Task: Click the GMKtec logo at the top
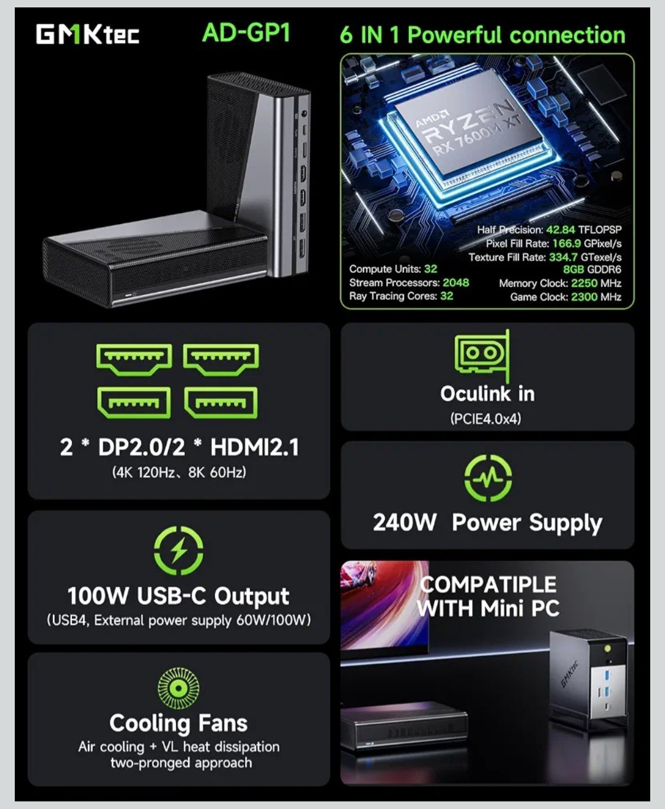point(87,34)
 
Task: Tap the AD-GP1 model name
point(246,33)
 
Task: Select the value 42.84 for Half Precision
point(560,230)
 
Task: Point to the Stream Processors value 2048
point(456,283)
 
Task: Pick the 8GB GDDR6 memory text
point(592,269)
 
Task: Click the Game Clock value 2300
point(584,297)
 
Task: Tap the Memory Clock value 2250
point(584,283)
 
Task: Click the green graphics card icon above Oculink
point(482,356)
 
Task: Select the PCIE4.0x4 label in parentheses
point(486,419)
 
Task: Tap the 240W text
point(405,523)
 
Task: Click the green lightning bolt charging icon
point(179,551)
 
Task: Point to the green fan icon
point(179,689)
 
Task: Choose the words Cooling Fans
point(179,723)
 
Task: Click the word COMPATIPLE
point(488,585)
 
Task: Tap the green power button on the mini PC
point(607,649)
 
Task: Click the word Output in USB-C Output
point(252,597)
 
